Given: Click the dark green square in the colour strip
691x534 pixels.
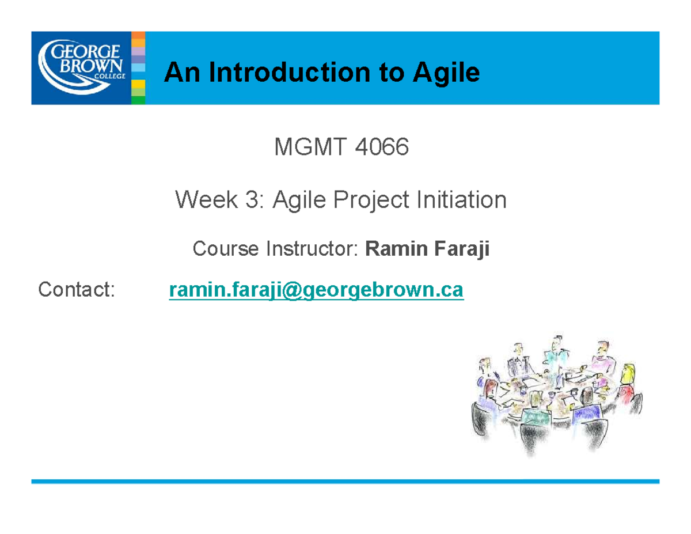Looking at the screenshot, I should pos(138,100).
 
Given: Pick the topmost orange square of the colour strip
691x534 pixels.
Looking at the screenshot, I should pos(138,35).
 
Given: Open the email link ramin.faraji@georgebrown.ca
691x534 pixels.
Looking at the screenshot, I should pos(316,290).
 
